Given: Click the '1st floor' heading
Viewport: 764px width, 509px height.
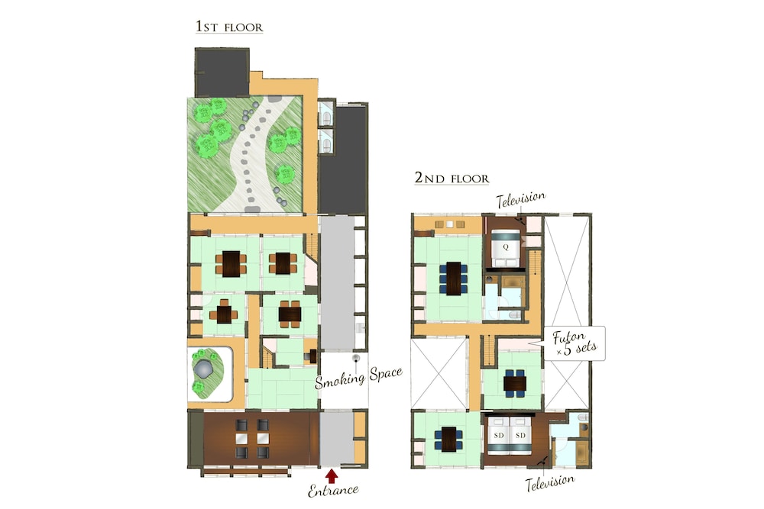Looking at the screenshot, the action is pos(229,26).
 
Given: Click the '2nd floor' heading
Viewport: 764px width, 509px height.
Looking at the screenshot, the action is pos(452,178).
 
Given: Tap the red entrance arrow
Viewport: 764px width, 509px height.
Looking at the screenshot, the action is pos(332,475).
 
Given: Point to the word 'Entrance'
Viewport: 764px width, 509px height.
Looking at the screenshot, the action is pos(333,490).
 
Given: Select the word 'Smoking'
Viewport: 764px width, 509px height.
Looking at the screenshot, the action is pos(340,380).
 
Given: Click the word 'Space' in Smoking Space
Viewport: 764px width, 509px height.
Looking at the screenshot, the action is pos(386,374).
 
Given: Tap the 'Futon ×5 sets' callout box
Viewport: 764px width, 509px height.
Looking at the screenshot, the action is pos(575,343).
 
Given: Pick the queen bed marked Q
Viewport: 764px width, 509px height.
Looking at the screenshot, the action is pos(506,248).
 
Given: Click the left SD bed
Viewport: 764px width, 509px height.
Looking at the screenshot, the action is pos(498,434).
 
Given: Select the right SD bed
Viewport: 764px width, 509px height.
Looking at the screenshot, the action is pos(520,434).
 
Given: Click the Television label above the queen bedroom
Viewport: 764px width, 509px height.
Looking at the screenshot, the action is pos(521,199).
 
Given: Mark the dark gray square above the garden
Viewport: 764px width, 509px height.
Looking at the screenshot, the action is pos(222,72).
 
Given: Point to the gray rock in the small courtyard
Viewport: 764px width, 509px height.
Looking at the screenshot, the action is pos(203,369).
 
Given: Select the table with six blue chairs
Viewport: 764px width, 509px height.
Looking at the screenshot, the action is pos(453,279).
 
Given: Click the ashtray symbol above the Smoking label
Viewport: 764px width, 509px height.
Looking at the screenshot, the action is pos(357,359).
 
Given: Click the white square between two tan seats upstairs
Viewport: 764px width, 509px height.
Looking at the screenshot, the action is pos(449,224).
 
